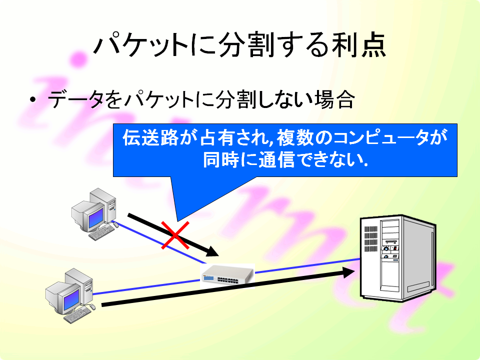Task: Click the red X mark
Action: (x=175, y=235)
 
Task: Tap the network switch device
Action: (x=227, y=275)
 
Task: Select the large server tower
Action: (x=398, y=258)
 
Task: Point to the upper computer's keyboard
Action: (x=102, y=231)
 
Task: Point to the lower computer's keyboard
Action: (x=77, y=315)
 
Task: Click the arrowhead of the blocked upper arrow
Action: (x=213, y=251)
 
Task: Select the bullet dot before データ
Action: (x=33, y=99)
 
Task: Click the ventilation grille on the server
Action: (x=370, y=239)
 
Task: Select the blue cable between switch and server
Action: (x=307, y=266)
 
